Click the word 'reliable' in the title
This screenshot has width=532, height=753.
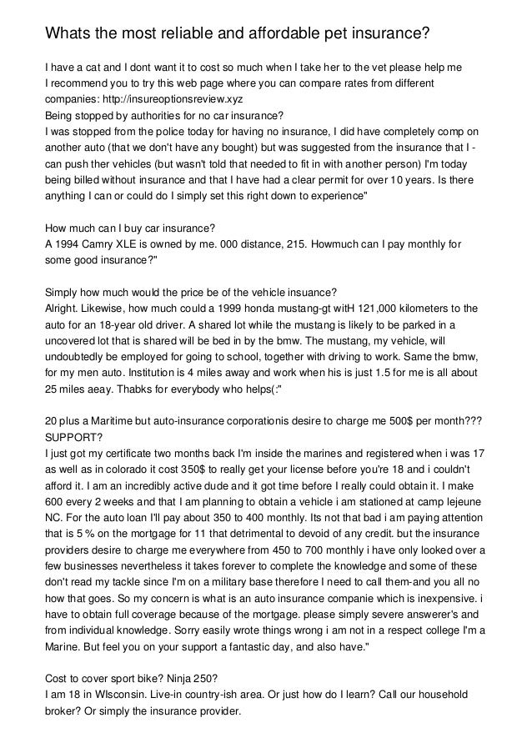point(193,33)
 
